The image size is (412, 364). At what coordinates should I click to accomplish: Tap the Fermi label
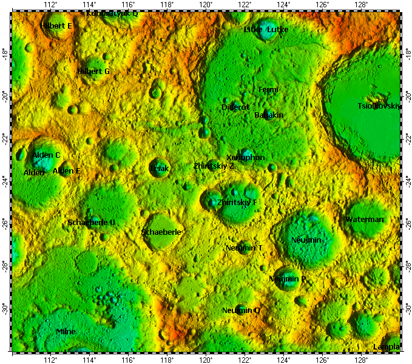coord(268,90)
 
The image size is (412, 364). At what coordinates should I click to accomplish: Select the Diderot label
coord(235,107)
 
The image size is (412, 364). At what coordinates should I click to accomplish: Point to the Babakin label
coord(269,115)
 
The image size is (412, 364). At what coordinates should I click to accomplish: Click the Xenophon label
coord(245,158)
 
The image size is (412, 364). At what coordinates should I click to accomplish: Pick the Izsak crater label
coord(160,168)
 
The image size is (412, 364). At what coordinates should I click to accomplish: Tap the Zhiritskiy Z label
coord(214,166)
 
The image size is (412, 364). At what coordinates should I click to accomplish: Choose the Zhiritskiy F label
coord(237,202)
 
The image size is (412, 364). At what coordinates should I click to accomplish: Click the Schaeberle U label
coord(92,223)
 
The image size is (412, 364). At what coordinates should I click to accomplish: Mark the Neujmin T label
coord(244,248)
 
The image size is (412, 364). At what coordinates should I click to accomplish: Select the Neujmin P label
coord(288,279)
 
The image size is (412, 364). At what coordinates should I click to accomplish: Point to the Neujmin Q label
coord(241,311)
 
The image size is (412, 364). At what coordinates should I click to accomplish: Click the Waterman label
coord(365,220)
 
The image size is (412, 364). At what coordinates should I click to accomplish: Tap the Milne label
coord(66,332)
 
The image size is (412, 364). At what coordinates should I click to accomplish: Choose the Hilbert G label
coord(93,72)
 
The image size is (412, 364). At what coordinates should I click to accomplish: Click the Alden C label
coord(47,155)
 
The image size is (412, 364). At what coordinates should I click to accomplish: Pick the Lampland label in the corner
coord(387,347)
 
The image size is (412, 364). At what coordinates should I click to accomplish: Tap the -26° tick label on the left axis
coord(5,223)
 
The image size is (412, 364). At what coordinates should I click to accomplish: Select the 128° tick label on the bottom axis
coord(361,359)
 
